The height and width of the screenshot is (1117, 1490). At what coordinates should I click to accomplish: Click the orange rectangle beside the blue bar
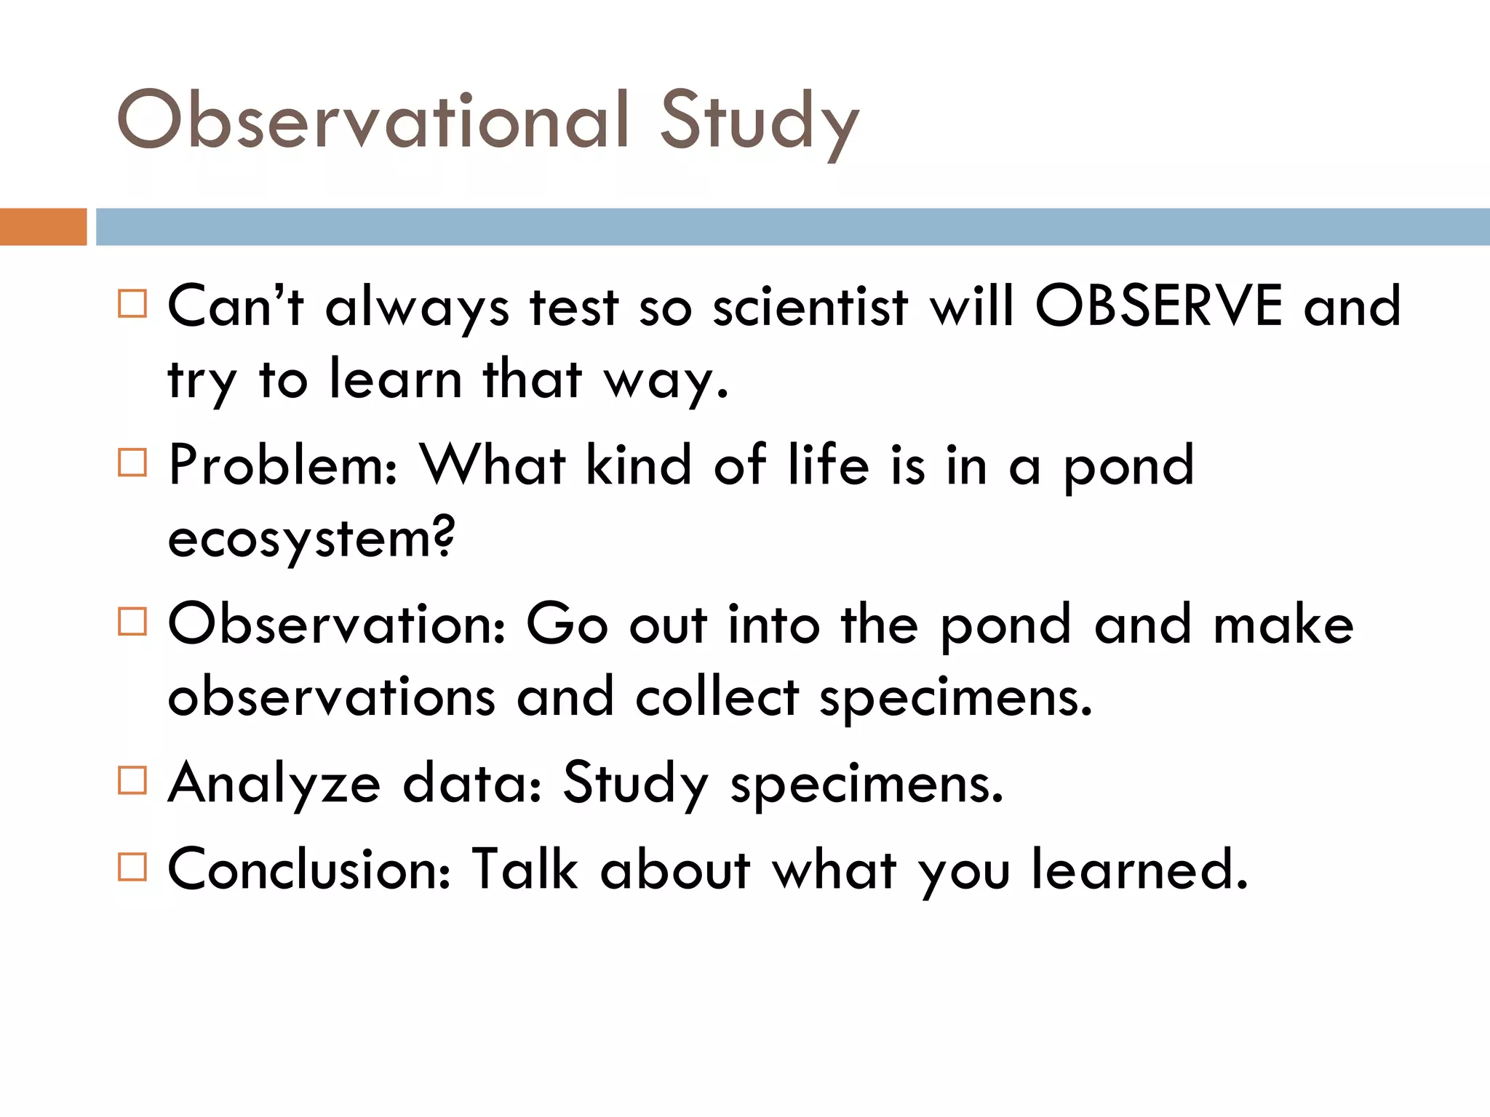43,227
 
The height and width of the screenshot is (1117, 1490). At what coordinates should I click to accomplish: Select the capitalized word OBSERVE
1159,305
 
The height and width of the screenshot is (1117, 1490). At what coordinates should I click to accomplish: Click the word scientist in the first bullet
810,305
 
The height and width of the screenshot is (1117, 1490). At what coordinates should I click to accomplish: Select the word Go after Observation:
566,624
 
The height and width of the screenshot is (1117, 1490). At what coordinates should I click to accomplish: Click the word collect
717,697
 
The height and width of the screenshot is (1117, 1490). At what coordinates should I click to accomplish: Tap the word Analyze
274,784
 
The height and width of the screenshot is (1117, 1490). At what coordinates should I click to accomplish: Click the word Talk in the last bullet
524,869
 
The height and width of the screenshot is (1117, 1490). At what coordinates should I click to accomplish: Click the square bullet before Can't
132,303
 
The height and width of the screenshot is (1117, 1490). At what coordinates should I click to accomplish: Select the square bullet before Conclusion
132,867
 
